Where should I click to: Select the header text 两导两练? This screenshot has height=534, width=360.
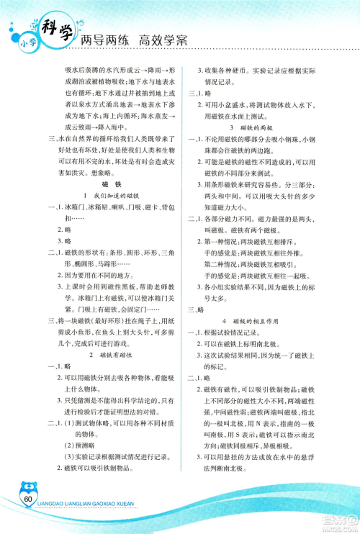104,40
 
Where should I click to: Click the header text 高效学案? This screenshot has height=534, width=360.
158,40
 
